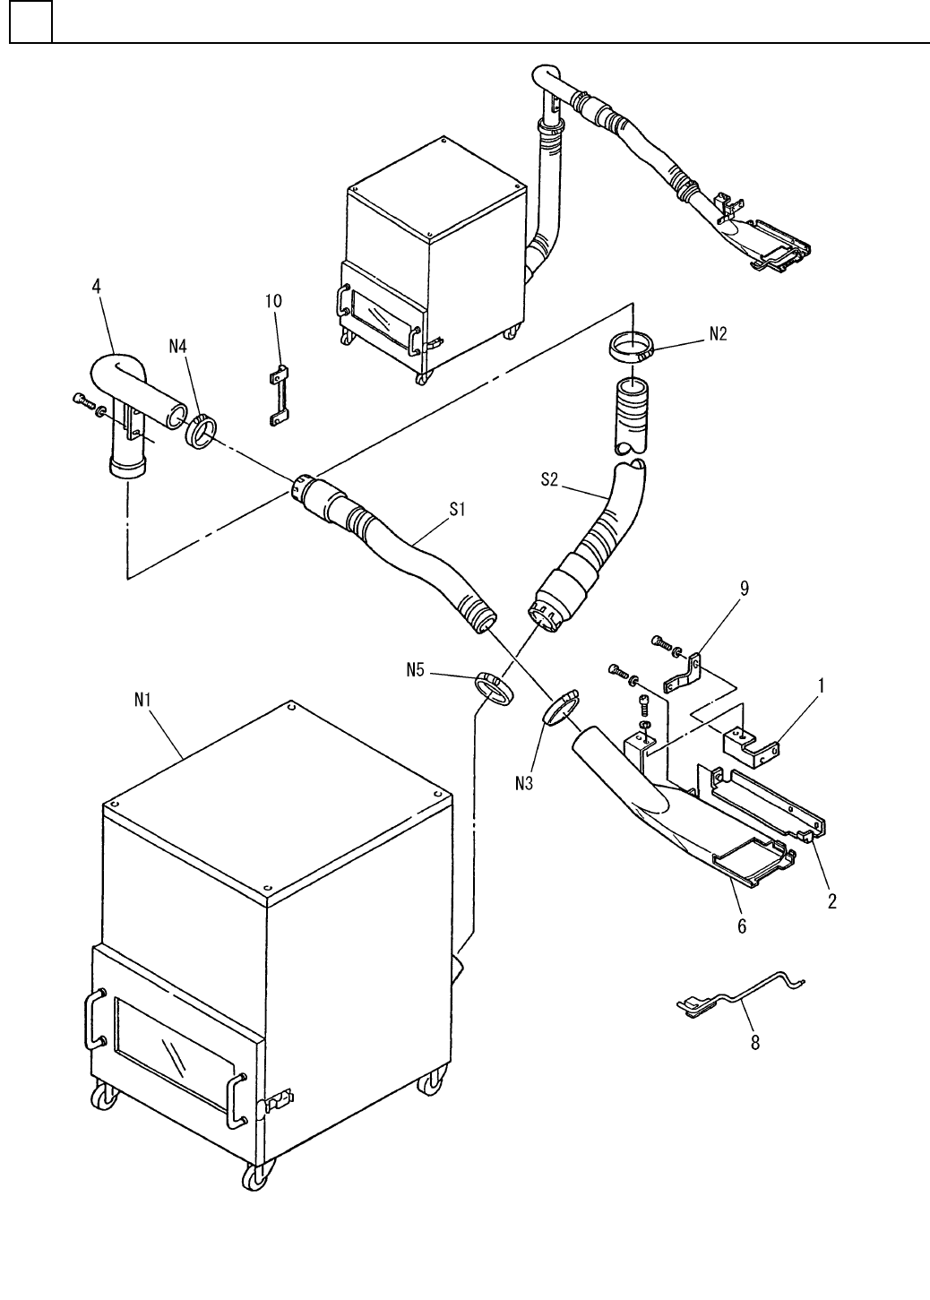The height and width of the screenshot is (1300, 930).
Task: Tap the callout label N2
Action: pos(718,334)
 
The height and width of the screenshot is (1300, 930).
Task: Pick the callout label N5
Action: pos(415,669)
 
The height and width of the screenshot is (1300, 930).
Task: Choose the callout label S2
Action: pos(550,481)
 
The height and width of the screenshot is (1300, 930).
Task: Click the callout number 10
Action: pos(272,301)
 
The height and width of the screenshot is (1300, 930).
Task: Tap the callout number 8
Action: pos(755,1043)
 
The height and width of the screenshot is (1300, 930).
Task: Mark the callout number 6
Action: pos(742,927)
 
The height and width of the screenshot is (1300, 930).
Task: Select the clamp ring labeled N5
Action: pos(493,688)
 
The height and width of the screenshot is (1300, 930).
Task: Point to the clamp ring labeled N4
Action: pos(201,430)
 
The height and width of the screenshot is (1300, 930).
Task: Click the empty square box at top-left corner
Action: pos(30,22)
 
